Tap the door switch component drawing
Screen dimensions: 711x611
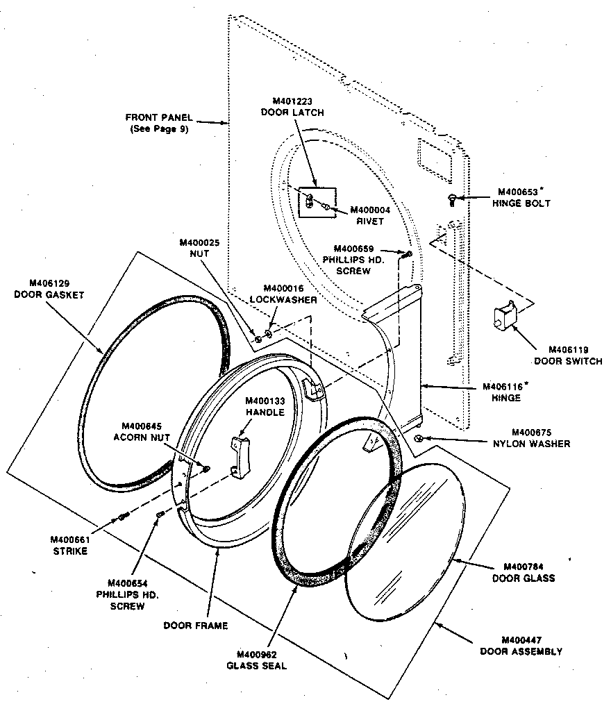coord(503,315)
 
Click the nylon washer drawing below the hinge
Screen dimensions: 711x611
coord(419,439)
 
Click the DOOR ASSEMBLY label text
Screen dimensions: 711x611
coord(521,651)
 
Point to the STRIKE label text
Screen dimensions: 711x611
coord(69,551)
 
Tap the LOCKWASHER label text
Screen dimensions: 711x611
coord(283,299)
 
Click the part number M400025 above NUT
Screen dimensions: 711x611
coord(199,243)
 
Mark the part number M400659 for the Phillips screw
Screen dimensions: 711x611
coord(354,249)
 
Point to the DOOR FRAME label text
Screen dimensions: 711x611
coord(195,625)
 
